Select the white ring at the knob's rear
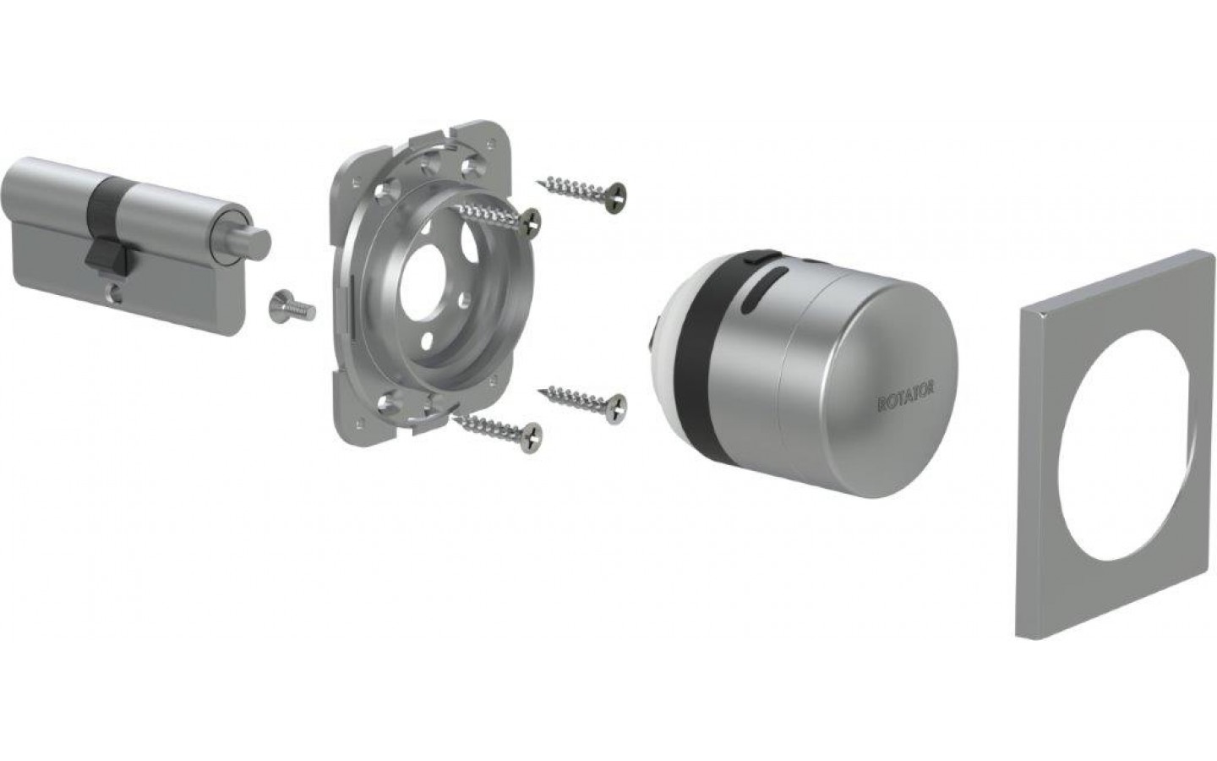click(666, 353)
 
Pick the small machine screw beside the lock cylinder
click(292, 307)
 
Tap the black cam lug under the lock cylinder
click(107, 257)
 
